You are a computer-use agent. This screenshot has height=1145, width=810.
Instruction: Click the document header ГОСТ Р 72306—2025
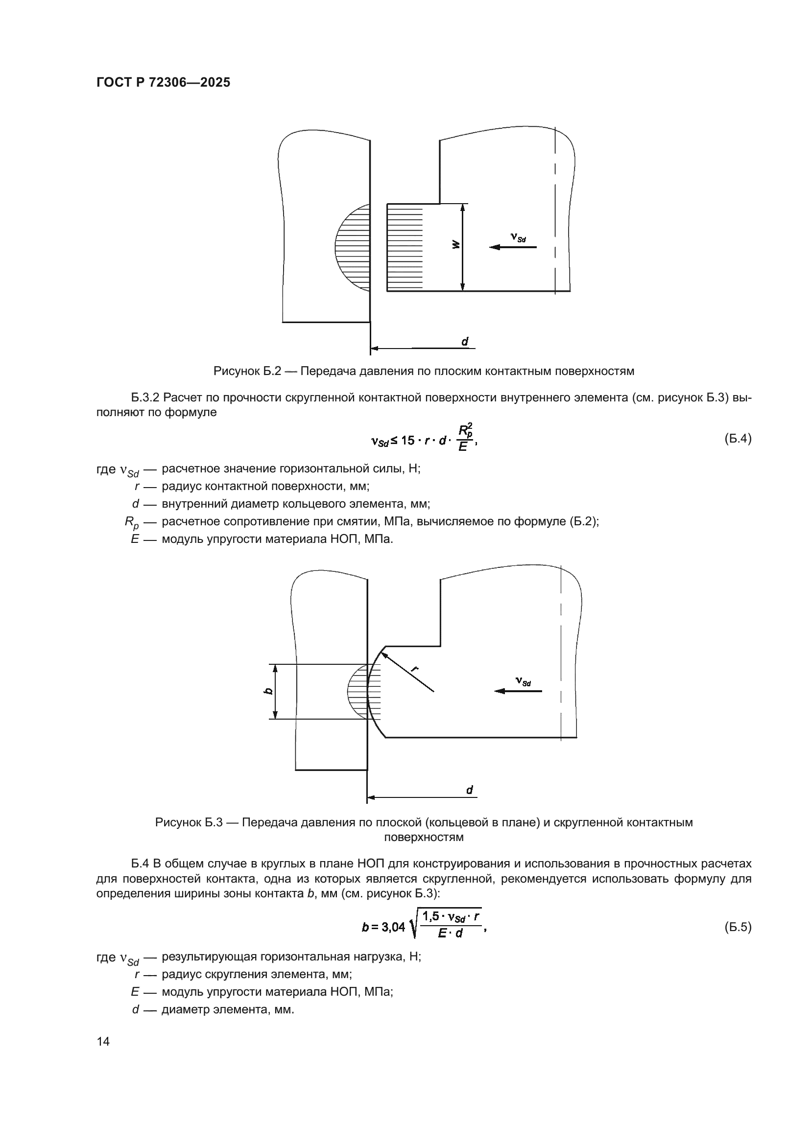[x=163, y=83]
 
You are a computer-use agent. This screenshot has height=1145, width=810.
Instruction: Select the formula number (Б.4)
[x=737, y=439]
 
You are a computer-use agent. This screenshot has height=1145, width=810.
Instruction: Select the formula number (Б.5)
[x=737, y=927]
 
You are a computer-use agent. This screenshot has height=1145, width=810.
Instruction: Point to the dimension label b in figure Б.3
[x=268, y=691]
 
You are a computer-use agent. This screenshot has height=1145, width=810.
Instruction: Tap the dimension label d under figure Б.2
[x=464, y=342]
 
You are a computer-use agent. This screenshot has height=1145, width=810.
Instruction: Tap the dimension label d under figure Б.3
[x=469, y=790]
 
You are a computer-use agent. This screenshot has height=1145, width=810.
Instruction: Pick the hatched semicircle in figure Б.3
[x=358, y=691]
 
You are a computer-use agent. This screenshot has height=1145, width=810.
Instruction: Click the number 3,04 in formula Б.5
[x=393, y=927]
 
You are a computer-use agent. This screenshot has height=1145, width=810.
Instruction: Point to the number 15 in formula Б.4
[x=407, y=441]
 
